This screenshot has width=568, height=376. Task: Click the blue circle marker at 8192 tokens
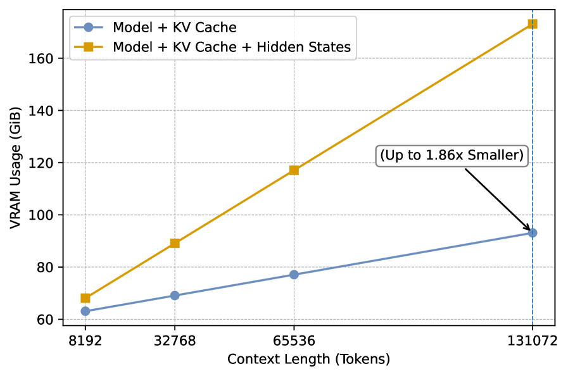85,311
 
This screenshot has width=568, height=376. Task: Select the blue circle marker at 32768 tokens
175,296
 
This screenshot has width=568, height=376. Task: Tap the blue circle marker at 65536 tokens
294,275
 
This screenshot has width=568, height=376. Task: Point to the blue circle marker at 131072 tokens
533,233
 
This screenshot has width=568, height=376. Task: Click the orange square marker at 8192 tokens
85,298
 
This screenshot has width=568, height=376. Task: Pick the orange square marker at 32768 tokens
175,243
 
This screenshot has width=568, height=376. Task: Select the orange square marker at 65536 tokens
294,170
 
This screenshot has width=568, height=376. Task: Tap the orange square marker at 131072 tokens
533,24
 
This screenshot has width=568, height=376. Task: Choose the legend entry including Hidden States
231,47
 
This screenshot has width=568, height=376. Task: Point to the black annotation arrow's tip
530,230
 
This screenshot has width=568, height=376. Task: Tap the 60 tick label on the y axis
47,320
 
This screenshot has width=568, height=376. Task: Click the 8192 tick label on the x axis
85,341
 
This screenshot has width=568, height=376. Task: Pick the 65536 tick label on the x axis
294,341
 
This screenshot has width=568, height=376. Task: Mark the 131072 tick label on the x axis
533,341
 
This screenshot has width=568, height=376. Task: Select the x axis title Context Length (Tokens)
309,360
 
